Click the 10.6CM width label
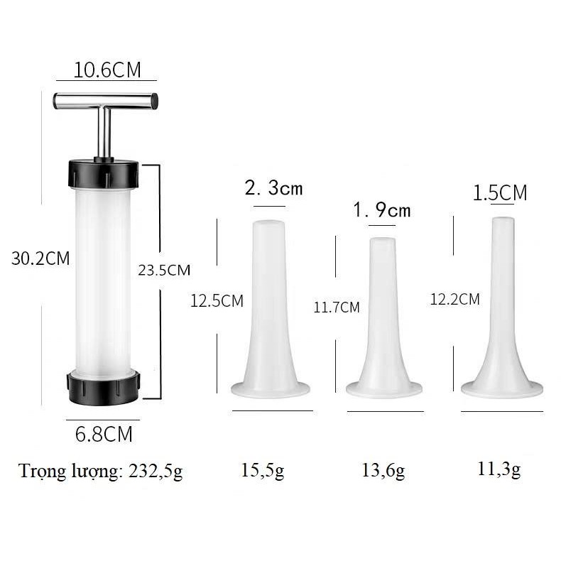pos(108,70)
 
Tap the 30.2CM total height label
pos(40,258)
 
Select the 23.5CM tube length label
pos(164,270)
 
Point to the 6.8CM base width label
pos(104,435)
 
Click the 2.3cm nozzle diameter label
pos(273,189)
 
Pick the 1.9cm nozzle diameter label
pos(382,211)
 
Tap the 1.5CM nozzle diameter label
pos(501,193)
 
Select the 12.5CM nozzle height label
pos(217,301)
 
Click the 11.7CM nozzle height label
pos(337,307)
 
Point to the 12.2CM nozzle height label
pos(454,300)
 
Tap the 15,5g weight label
pos(263,471)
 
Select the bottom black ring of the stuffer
pos(104,384)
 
